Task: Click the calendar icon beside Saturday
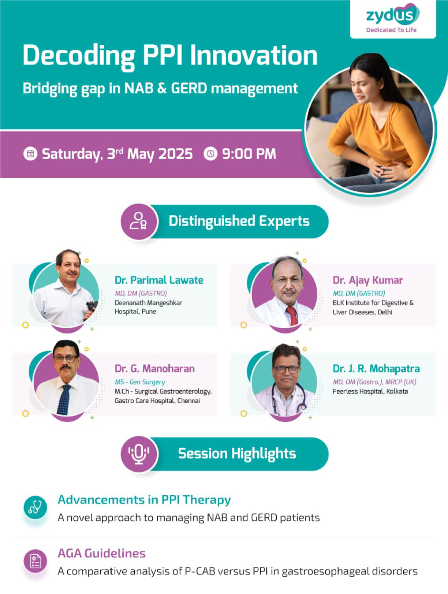(x=30, y=154)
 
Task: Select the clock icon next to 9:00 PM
(x=210, y=154)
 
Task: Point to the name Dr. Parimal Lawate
(x=159, y=280)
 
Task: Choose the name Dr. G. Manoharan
(x=154, y=369)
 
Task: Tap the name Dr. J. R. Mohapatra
(x=376, y=369)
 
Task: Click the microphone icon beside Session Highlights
(x=139, y=454)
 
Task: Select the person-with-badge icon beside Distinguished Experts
(x=139, y=221)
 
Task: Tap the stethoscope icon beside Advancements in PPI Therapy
(x=35, y=507)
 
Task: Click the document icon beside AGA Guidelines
(x=35, y=561)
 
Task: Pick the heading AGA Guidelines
(x=102, y=554)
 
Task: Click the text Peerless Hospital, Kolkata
(x=370, y=391)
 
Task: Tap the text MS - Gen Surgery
(x=140, y=382)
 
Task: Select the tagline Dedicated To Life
(x=391, y=30)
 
